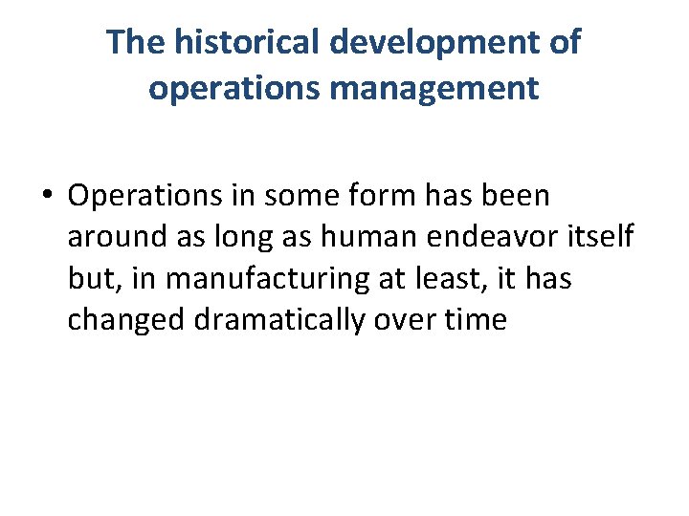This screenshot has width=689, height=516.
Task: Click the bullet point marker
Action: [48, 196]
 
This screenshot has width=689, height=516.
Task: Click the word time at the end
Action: [475, 319]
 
